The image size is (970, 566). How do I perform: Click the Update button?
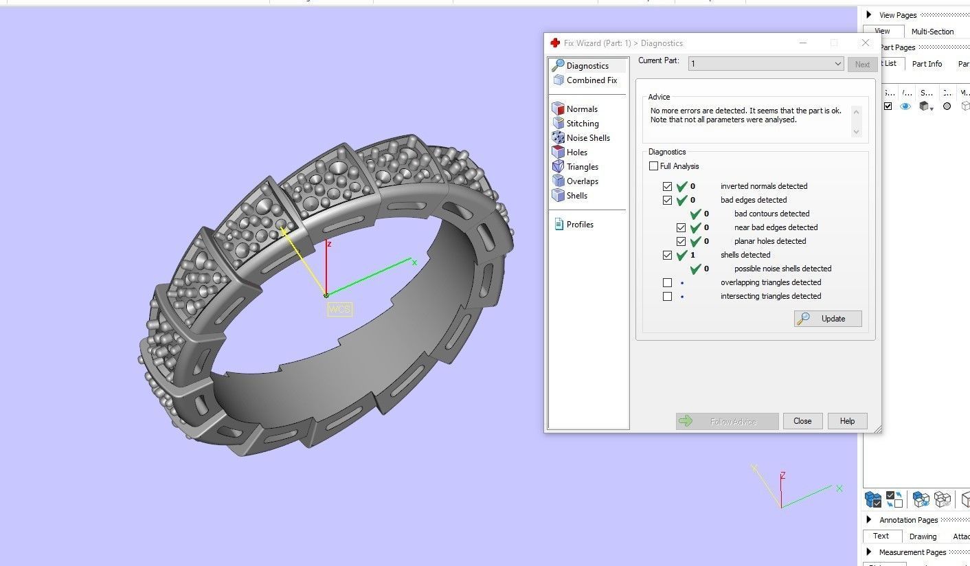coord(828,319)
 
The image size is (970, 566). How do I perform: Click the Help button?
coord(847,421)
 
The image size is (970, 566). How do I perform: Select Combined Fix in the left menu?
coord(591,80)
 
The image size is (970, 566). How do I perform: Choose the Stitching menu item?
coord(582,124)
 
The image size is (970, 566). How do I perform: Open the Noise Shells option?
coord(587,138)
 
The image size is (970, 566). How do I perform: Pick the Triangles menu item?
coord(582,167)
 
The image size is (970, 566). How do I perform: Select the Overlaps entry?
coord(582,181)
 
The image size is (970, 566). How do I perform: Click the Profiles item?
coord(579,225)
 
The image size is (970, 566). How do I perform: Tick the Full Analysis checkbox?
coord(653,166)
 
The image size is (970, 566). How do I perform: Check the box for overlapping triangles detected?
coord(667,282)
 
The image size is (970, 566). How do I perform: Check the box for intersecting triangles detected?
coord(667,296)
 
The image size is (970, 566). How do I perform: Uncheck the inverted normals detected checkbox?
coord(667,186)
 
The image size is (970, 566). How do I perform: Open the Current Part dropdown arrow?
coord(837,64)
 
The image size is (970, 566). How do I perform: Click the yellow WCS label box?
coord(339,309)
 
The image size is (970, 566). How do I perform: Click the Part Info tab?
coord(927,64)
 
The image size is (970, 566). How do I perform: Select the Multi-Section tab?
coord(932,32)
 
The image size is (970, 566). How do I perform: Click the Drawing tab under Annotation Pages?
coord(923,536)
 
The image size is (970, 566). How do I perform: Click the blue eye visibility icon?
coord(905,106)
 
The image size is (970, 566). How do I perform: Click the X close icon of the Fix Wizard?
coord(865,43)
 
